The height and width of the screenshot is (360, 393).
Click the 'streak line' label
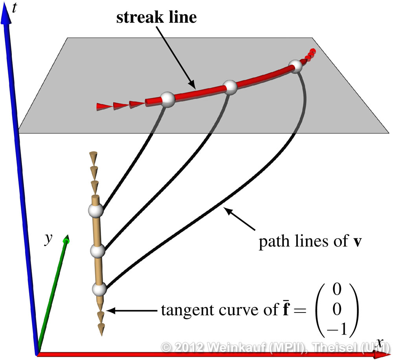pos(156,18)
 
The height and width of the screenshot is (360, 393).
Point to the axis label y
pos(48,240)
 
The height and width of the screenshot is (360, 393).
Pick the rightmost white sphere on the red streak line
pos(295,66)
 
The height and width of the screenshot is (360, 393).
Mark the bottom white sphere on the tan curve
pos(99,289)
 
